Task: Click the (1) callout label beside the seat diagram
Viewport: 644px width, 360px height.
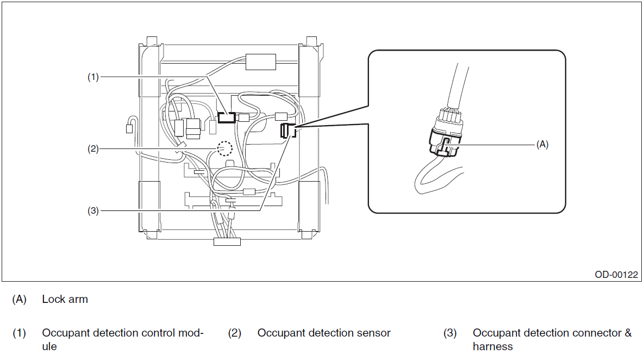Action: tap(93, 77)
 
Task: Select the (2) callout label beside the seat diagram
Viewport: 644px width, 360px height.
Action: tap(93, 149)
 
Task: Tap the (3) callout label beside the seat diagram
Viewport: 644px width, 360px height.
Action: tap(93, 211)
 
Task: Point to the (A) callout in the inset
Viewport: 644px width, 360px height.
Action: tap(542, 144)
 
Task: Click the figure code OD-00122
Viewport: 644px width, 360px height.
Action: tap(616, 275)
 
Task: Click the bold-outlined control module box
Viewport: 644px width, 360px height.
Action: tap(226, 117)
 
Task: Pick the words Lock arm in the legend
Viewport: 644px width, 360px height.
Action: tap(65, 299)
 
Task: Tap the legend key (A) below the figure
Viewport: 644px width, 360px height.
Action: tap(20, 299)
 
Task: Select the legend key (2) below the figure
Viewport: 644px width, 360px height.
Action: tap(235, 333)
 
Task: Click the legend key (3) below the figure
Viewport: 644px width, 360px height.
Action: tap(450, 333)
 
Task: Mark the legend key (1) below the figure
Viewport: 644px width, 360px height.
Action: tap(20, 333)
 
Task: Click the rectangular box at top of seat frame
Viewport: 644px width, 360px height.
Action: tap(261, 62)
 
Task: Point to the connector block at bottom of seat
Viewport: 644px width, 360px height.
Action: tap(227, 241)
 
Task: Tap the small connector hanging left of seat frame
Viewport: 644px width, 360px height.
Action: tap(129, 129)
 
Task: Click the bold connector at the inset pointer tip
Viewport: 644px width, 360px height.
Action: tap(287, 131)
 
